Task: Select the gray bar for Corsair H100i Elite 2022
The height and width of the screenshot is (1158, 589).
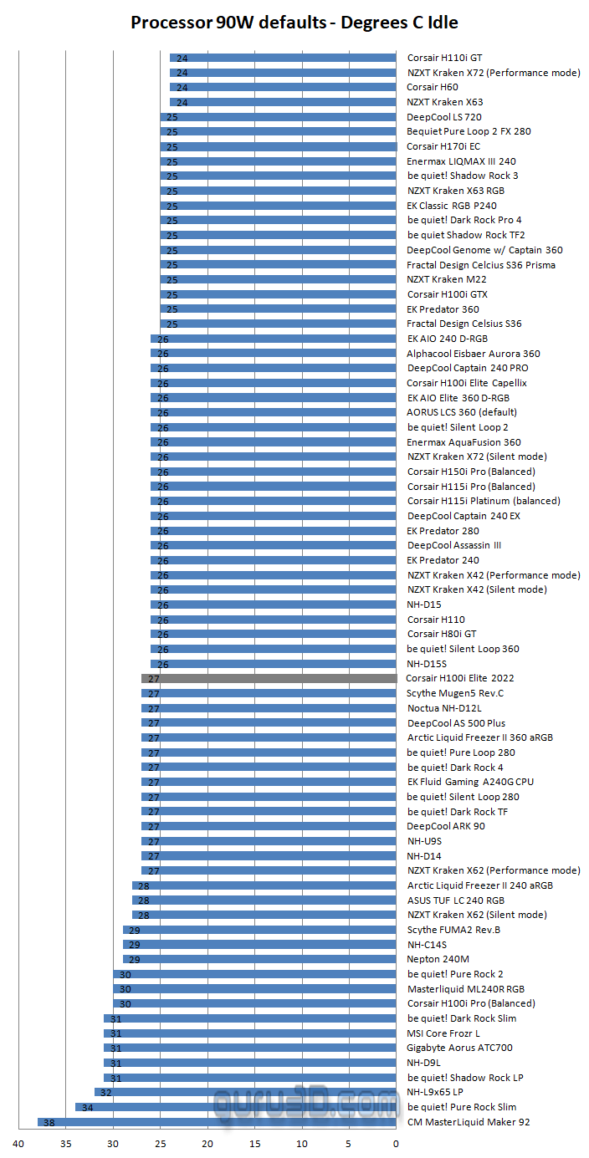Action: coord(269,679)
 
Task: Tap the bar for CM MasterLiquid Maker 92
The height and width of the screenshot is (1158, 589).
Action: coord(217,1122)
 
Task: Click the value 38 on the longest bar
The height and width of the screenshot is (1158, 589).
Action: coord(49,1123)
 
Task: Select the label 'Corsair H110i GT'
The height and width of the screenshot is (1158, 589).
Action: coord(444,58)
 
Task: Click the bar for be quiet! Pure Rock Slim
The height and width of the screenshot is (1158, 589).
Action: coord(235,1107)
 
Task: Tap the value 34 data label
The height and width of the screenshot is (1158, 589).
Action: coord(86,1108)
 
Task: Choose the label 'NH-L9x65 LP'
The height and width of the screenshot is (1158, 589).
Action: coord(435,1092)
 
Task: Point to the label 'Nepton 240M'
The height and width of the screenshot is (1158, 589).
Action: coord(438,959)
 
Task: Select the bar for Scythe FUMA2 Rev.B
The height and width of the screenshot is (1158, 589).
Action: coord(259,930)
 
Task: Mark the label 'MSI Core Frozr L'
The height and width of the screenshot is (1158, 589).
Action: coord(443,1033)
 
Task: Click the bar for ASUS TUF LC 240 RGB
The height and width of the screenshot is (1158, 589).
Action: coord(264,900)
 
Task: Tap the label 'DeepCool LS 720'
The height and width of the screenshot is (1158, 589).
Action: coord(443,117)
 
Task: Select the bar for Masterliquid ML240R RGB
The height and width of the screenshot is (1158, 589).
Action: coord(254,989)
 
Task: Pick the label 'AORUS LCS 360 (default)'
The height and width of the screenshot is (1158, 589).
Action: coord(462,412)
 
